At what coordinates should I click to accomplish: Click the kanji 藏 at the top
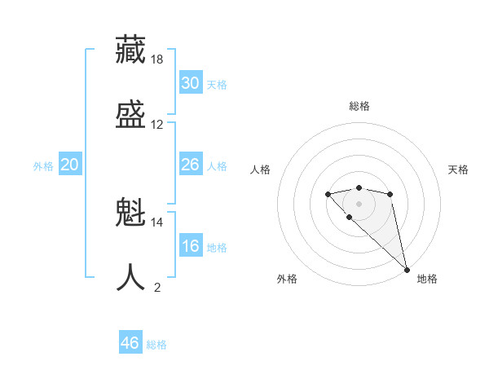pyautogui.click(x=131, y=50)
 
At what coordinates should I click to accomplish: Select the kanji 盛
pyautogui.click(x=131, y=113)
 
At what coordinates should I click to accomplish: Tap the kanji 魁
pyautogui.click(x=131, y=214)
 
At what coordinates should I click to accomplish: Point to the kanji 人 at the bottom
pyautogui.click(x=131, y=277)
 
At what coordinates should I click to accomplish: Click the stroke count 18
pyautogui.click(x=157, y=59)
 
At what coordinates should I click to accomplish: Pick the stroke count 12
pyautogui.click(x=157, y=125)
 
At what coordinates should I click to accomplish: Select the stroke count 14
pyautogui.click(x=157, y=222)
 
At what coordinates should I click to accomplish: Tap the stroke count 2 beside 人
pyautogui.click(x=157, y=287)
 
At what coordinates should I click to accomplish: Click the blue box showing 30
pyautogui.click(x=191, y=83)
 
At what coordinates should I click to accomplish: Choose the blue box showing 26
pyautogui.click(x=191, y=165)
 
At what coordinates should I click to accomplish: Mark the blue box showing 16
pyautogui.click(x=191, y=246)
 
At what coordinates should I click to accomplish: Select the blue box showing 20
pyautogui.click(x=70, y=165)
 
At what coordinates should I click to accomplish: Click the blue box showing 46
pyautogui.click(x=130, y=343)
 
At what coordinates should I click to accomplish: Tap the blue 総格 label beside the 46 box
pyautogui.click(x=156, y=346)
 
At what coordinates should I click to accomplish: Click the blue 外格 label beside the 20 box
pyautogui.click(x=43, y=166)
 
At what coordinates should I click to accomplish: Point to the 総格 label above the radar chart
pyautogui.click(x=359, y=106)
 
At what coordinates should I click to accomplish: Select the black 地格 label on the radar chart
pyautogui.click(x=427, y=279)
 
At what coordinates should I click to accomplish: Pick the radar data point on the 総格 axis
pyautogui.click(x=359, y=187)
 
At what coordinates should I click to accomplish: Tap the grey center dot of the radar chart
pyautogui.click(x=359, y=204)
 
